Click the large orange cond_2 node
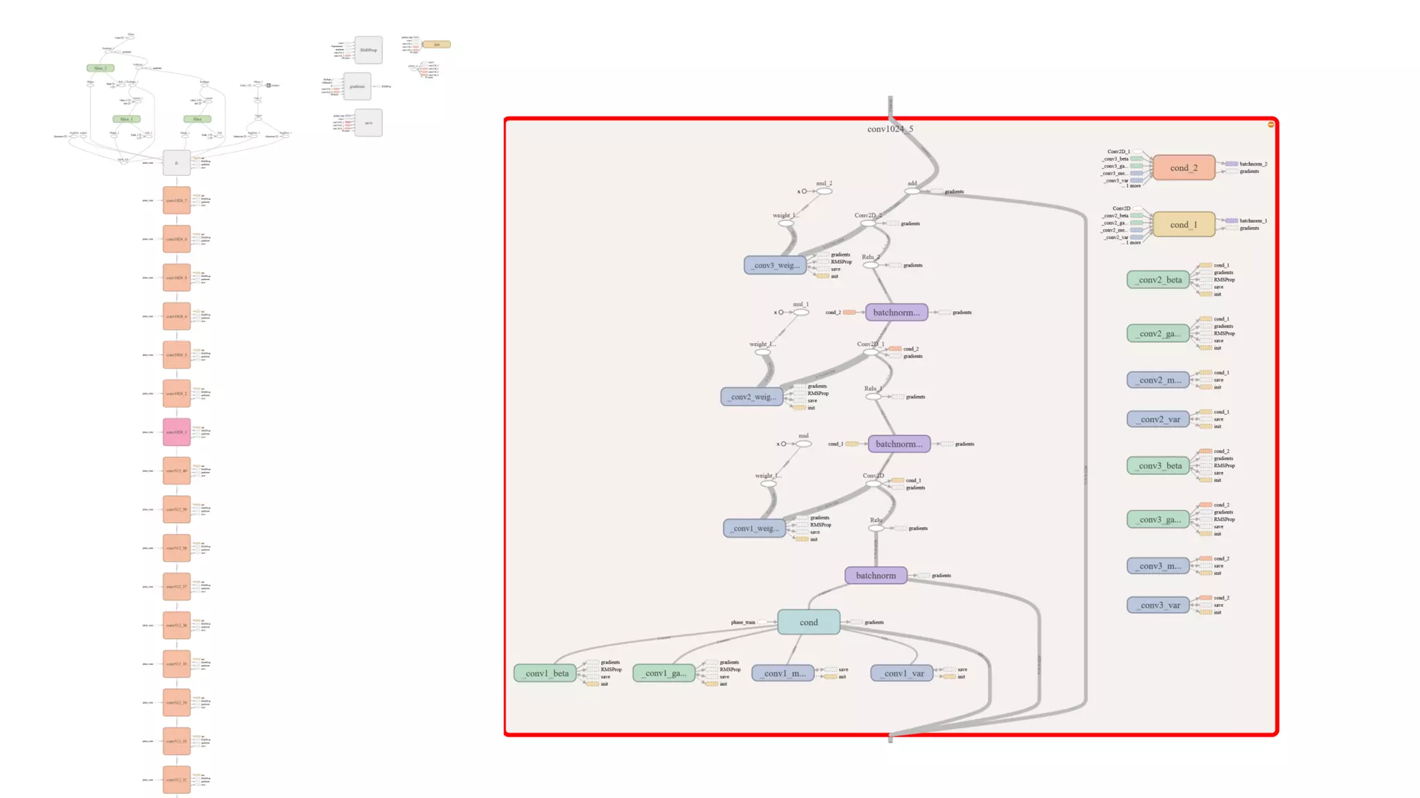pos(1184,168)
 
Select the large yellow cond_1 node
pos(1184,224)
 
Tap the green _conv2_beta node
pos(1158,280)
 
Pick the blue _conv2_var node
pos(1158,419)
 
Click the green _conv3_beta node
pos(1158,465)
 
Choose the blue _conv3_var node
pos(1158,605)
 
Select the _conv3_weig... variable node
pos(775,265)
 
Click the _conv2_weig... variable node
pos(752,396)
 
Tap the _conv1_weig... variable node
pos(754,528)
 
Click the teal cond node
pos(808,622)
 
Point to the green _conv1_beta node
pos(545,673)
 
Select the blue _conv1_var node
pos(902,673)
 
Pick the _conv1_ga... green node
pos(664,673)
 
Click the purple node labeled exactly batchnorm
pos(876,575)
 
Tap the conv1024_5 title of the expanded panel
pos(890,129)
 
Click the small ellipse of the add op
pos(912,191)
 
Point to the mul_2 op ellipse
pos(824,191)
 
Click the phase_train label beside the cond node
pos(743,622)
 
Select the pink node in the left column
pos(176,432)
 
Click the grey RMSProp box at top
pos(368,50)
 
